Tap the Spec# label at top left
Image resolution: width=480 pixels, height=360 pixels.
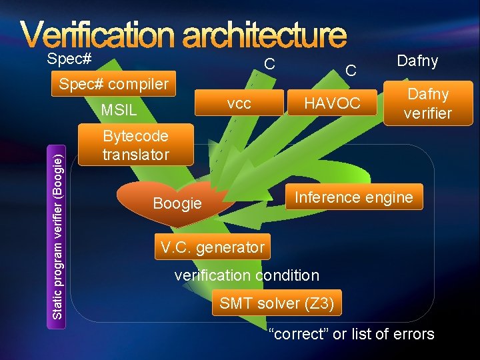tap(69, 59)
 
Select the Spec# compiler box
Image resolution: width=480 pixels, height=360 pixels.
tap(113, 85)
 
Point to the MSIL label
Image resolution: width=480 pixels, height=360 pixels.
tap(118, 109)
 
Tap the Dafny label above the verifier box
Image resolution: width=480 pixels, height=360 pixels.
tap(417, 61)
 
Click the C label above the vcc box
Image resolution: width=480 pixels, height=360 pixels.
tap(269, 65)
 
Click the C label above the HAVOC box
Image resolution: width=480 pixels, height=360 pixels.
tap(351, 69)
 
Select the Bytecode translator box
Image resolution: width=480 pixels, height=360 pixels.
tap(135, 146)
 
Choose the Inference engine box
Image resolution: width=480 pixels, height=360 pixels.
tap(354, 197)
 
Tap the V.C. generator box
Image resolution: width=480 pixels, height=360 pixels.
tap(212, 247)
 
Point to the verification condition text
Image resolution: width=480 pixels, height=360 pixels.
tap(247, 275)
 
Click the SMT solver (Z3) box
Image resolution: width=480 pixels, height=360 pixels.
tap(277, 303)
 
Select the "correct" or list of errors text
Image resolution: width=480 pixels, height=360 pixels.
tap(351, 334)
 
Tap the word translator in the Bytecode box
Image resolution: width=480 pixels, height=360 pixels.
tap(135, 155)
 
